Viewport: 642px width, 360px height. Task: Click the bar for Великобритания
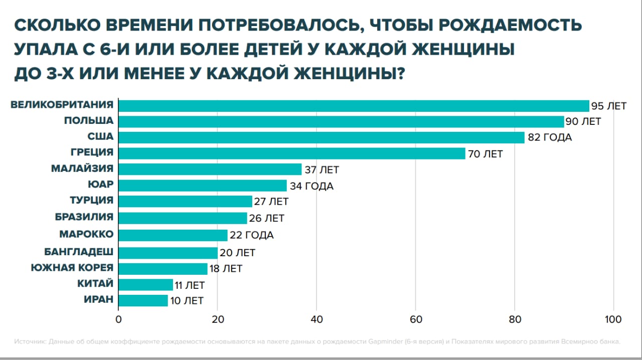tap(354, 106)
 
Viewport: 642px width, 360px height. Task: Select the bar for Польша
tap(341, 122)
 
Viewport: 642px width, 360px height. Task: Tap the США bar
tap(321, 137)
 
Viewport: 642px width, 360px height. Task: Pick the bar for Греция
tap(292, 153)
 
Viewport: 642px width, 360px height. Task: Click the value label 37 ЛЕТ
tap(322, 170)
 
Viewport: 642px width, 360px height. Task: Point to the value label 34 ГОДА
tap(311, 186)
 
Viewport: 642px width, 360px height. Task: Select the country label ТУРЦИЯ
tap(91, 201)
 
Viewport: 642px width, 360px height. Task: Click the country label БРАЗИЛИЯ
tap(84, 217)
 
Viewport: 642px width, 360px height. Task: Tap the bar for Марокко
tap(173, 235)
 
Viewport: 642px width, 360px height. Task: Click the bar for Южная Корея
tap(163, 269)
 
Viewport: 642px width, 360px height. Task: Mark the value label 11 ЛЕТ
tap(190, 285)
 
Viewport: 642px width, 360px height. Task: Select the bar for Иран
tap(143, 300)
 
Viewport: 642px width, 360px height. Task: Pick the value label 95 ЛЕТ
tap(609, 106)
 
